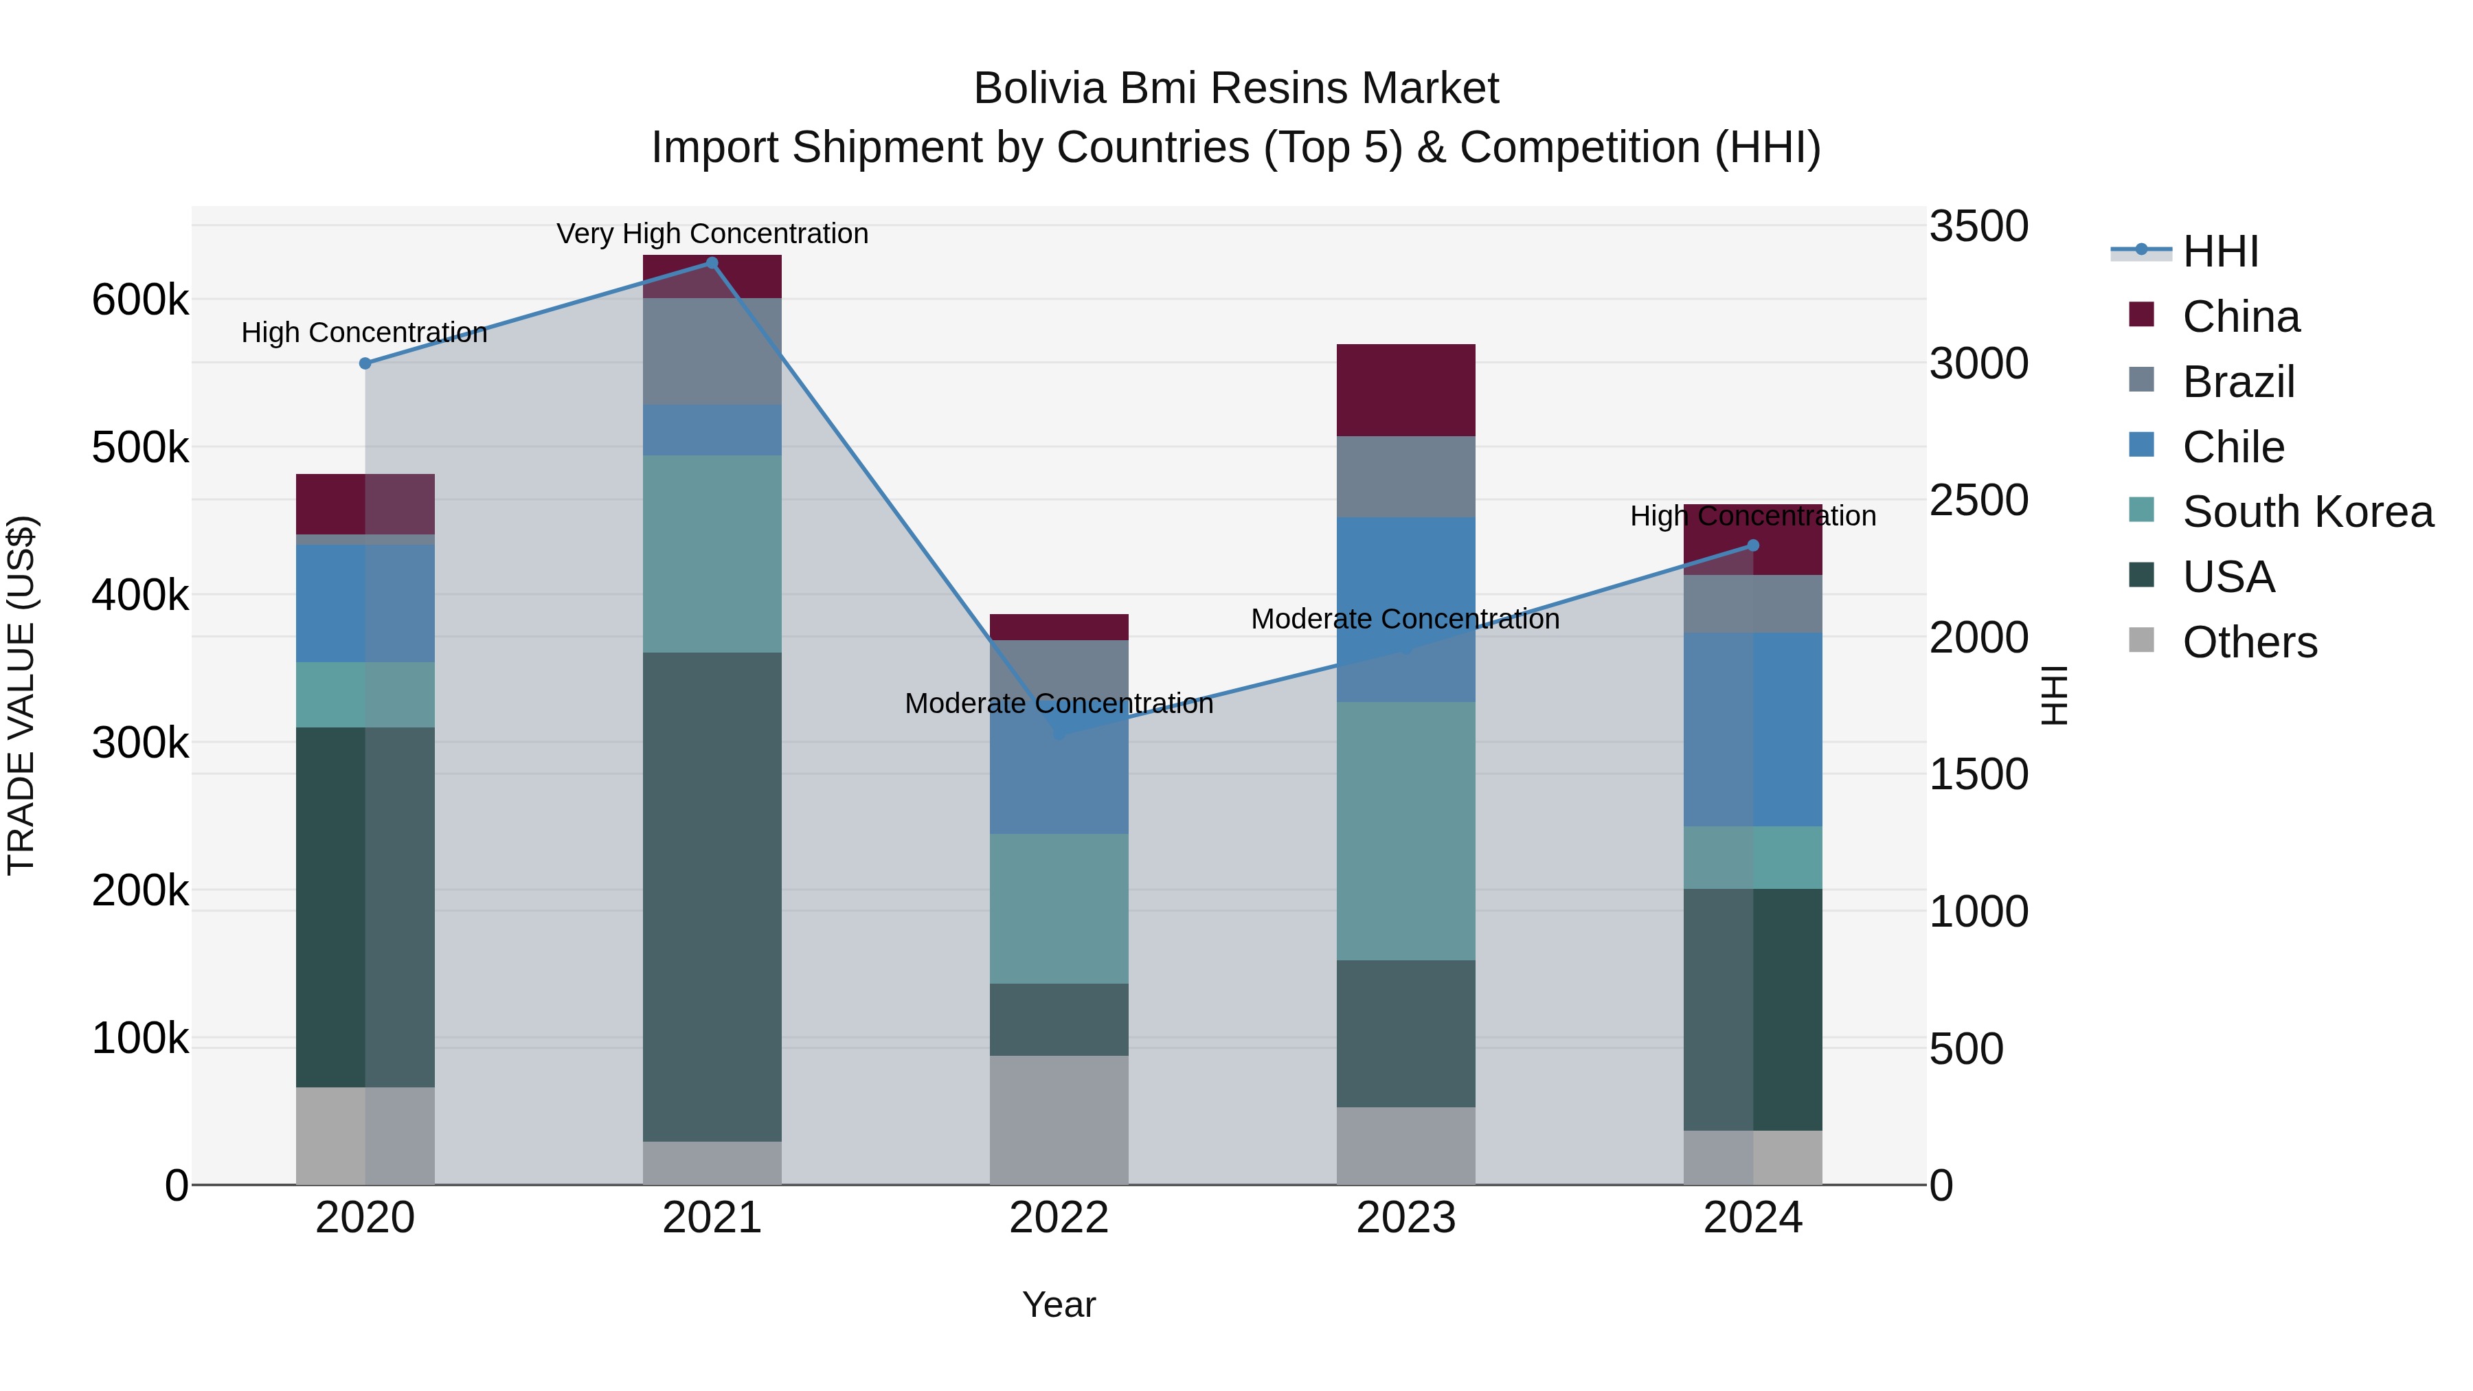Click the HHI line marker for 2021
tap(712, 263)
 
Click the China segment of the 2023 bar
tap(1405, 389)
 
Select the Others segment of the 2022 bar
tap(1059, 1120)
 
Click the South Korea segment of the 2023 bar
tap(1405, 830)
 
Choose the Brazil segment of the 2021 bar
tap(712, 351)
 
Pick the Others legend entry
tap(2249, 642)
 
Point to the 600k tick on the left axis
tap(140, 299)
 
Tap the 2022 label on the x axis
tap(1059, 1218)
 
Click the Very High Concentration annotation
tap(712, 234)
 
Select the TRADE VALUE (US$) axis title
tap(21, 695)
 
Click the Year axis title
tap(1059, 1304)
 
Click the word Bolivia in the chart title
tap(1039, 89)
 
